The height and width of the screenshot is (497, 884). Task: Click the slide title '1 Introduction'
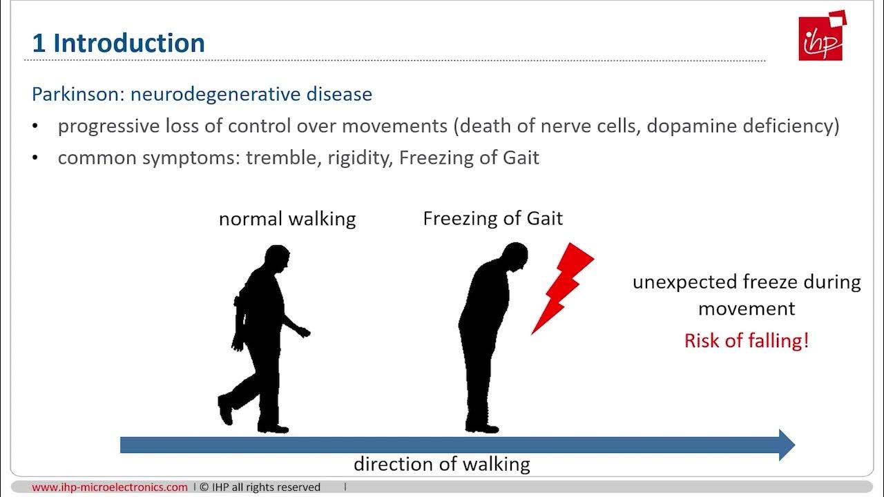click(x=118, y=43)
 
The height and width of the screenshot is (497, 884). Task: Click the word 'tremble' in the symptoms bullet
click(x=276, y=157)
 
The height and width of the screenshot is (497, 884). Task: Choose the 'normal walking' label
click(x=287, y=220)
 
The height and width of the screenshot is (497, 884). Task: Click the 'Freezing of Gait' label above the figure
click(x=492, y=219)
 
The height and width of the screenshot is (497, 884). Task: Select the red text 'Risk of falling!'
click(x=746, y=340)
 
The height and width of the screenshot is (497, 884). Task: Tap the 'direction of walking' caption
click(x=441, y=464)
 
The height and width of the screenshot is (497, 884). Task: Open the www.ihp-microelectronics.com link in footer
click(x=110, y=487)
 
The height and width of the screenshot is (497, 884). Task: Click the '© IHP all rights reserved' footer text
click(x=260, y=487)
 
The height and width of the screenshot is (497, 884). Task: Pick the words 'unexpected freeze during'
click(x=747, y=282)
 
